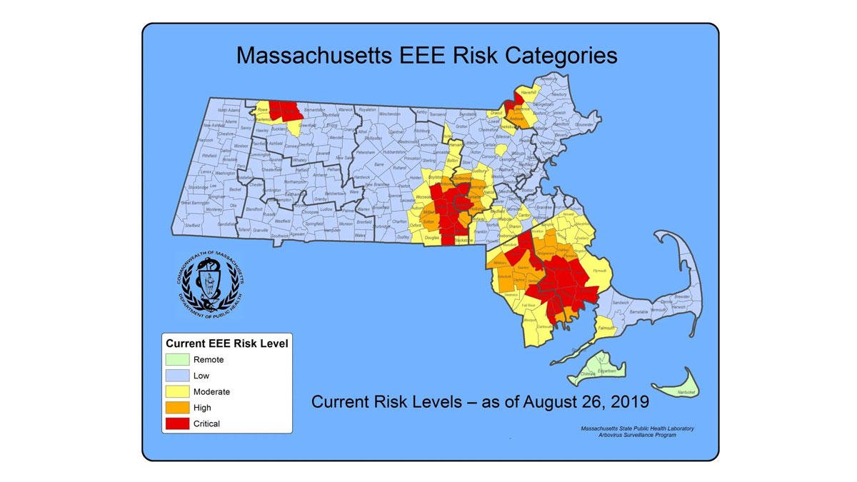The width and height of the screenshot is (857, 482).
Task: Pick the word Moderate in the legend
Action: tap(211, 391)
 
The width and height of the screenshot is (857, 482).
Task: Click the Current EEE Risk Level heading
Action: tap(226, 343)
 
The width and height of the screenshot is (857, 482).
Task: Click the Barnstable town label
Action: tap(638, 312)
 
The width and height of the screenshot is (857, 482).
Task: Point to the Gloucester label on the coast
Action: tap(585, 124)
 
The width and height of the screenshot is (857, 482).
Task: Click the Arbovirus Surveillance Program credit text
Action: tap(636, 435)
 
